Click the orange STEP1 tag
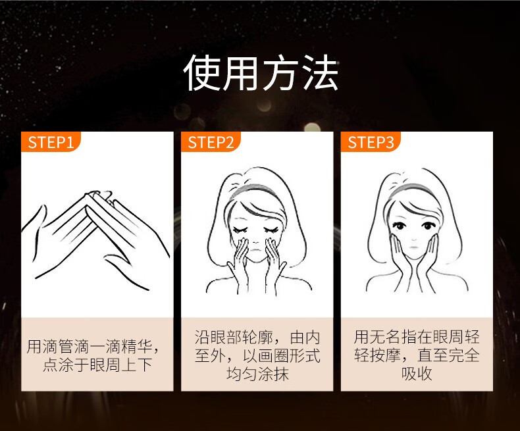[x=51, y=142]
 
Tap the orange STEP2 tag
[x=211, y=142]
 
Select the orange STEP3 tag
[x=371, y=142]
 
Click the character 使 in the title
[x=202, y=72]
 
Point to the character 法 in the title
[x=321, y=72]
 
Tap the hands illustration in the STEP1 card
[x=95, y=240]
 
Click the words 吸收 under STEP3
[x=417, y=374]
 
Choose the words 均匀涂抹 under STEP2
[x=257, y=374]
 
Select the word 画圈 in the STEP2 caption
[x=273, y=355]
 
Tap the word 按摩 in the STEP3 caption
[x=384, y=355]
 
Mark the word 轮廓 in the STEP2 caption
[x=257, y=337]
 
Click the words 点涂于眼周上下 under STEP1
[x=97, y=365]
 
